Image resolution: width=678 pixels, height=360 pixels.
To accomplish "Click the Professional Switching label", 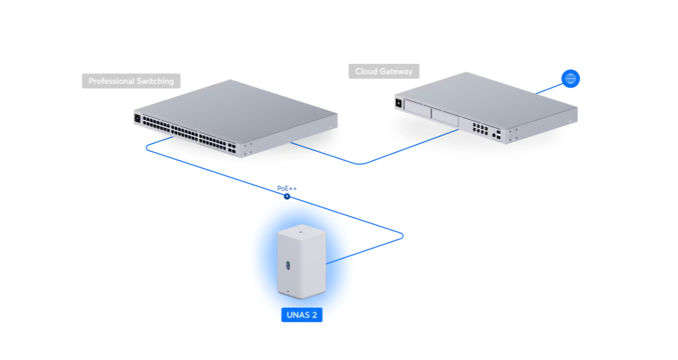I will click(131, 81).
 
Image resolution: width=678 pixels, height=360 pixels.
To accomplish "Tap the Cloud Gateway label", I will click(384, 71).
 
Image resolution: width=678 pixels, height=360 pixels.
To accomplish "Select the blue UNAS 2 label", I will click(301, 315).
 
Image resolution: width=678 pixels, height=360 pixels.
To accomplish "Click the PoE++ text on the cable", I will click(287, 188).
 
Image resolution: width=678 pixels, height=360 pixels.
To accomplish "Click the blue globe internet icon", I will click(570, 78).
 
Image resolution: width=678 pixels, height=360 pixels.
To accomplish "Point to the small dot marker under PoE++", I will click(287, 196).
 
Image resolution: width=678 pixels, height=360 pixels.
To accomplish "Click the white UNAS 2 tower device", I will click(300, 262).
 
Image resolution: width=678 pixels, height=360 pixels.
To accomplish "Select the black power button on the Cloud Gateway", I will click(398, 103).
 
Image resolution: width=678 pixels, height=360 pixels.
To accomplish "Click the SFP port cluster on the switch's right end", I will click(233, 147).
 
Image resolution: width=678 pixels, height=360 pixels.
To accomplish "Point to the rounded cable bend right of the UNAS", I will click(402, 235).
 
